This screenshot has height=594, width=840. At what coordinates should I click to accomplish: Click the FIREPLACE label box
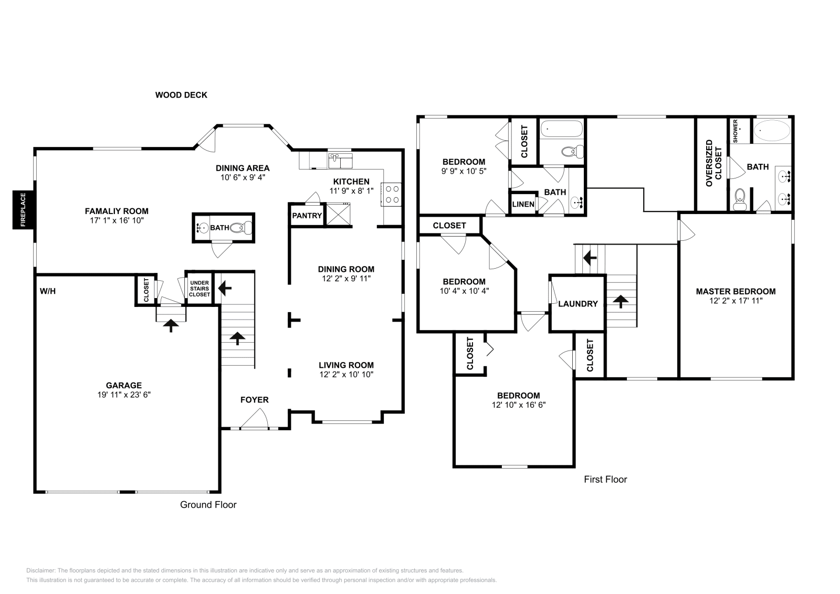tap(23, 210)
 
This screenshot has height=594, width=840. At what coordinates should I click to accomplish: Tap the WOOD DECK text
tap(181, 95)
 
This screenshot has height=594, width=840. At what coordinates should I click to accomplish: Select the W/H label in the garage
tap(48, 291)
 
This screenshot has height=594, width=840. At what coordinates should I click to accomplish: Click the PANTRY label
tap(307, 216)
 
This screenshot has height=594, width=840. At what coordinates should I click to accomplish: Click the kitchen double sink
tap(341, 161)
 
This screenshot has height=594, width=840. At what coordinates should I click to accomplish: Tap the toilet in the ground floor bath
tap(243, 228)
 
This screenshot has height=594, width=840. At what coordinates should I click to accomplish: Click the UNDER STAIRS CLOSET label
tap(199, 289)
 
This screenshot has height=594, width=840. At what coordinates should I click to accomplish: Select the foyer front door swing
tap(256, 419)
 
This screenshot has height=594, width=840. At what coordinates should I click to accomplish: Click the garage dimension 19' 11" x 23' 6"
tap(124, 394)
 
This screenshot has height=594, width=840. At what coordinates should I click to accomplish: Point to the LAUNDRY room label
tap(577, 303)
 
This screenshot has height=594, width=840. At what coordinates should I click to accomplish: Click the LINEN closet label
tap(523, 204)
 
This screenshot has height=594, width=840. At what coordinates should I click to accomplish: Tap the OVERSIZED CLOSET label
tap(713, 163)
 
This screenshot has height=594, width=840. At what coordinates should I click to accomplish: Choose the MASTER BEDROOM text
tap(736, 291)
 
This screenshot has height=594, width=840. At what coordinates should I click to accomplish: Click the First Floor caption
tap(605, 479)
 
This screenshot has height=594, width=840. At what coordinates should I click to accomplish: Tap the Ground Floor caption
tap(208, 505)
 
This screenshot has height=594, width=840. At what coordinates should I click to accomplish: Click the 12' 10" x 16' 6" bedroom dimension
tap(519, 405)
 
